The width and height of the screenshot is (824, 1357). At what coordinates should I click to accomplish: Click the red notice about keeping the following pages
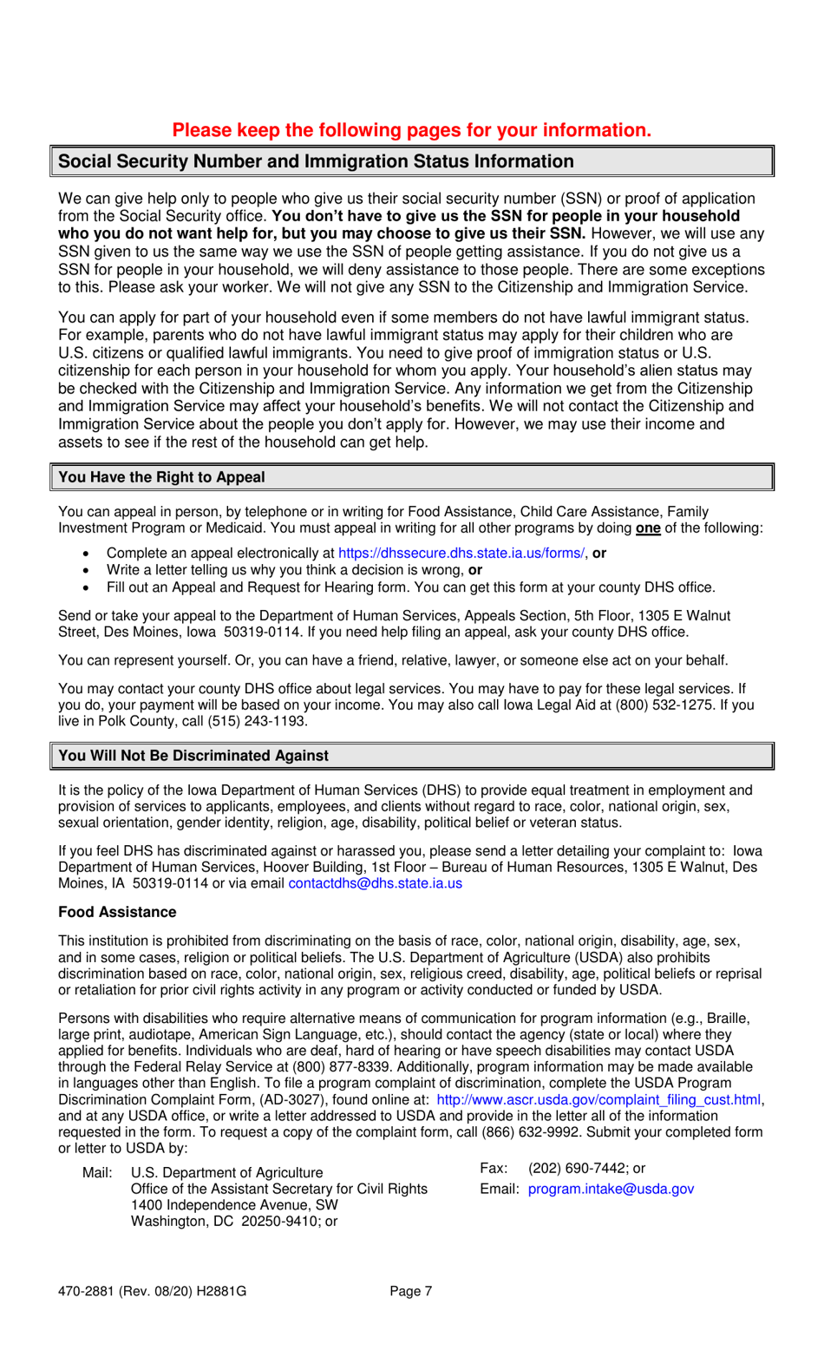[x=411, y=130]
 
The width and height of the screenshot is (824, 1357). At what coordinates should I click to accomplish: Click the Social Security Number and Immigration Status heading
[x=316, y=161]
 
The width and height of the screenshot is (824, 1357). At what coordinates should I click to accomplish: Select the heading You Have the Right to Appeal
[x=161, y=477]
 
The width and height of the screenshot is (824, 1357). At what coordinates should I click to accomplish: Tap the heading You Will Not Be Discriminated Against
[x=193, y=756]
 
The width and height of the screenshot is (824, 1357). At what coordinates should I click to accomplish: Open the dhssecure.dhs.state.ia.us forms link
[x=461, y=554]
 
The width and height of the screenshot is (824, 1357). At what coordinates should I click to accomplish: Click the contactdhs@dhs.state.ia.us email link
[x=375, y=883]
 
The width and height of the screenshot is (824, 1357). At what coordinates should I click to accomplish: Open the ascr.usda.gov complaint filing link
[x=598, y=1100]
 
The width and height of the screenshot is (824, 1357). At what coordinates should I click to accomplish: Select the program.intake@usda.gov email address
[x=611, y=1189]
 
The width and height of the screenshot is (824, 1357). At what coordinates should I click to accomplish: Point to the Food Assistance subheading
[x=117, y=912]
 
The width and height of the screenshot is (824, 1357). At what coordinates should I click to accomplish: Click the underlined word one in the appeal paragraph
[x=648, y=528]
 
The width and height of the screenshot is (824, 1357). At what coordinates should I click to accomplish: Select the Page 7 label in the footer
[x=411, y=1291]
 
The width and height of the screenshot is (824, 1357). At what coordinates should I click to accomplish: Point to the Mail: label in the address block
[x=97, y=1173]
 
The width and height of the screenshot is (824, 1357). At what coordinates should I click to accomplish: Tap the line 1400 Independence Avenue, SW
[x=234, y=1205]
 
